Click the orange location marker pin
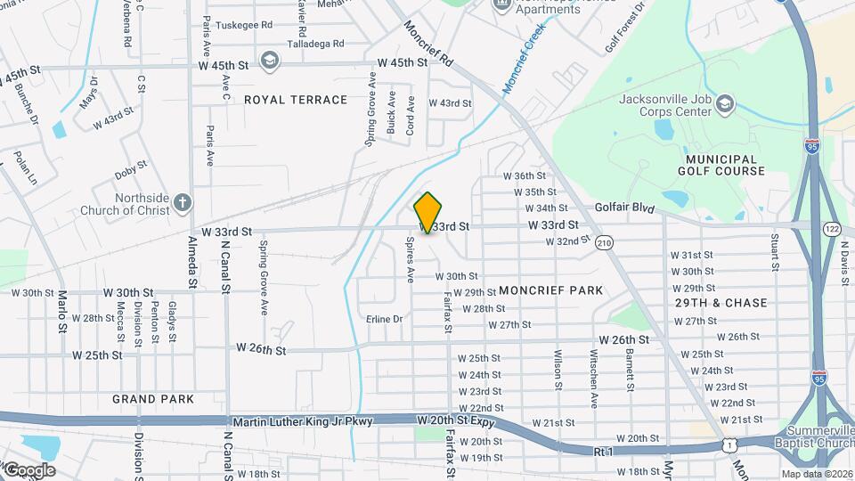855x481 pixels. [x=428, y=213]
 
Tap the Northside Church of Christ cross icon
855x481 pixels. [x=183, y=203]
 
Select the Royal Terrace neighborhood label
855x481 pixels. [x=296, y=100]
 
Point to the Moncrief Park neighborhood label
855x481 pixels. [x=550, y=290]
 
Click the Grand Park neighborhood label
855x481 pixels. [x=153, y=399]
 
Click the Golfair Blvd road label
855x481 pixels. [x=624, y=208]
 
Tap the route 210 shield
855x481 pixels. [x=605, y=242]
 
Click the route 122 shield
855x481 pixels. [x=833, y=229]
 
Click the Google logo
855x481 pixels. [x=29, y=469]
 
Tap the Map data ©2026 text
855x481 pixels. [x=816, y=474]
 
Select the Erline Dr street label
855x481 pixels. [x=385, y=319]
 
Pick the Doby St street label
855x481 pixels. [x=130, y=167]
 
